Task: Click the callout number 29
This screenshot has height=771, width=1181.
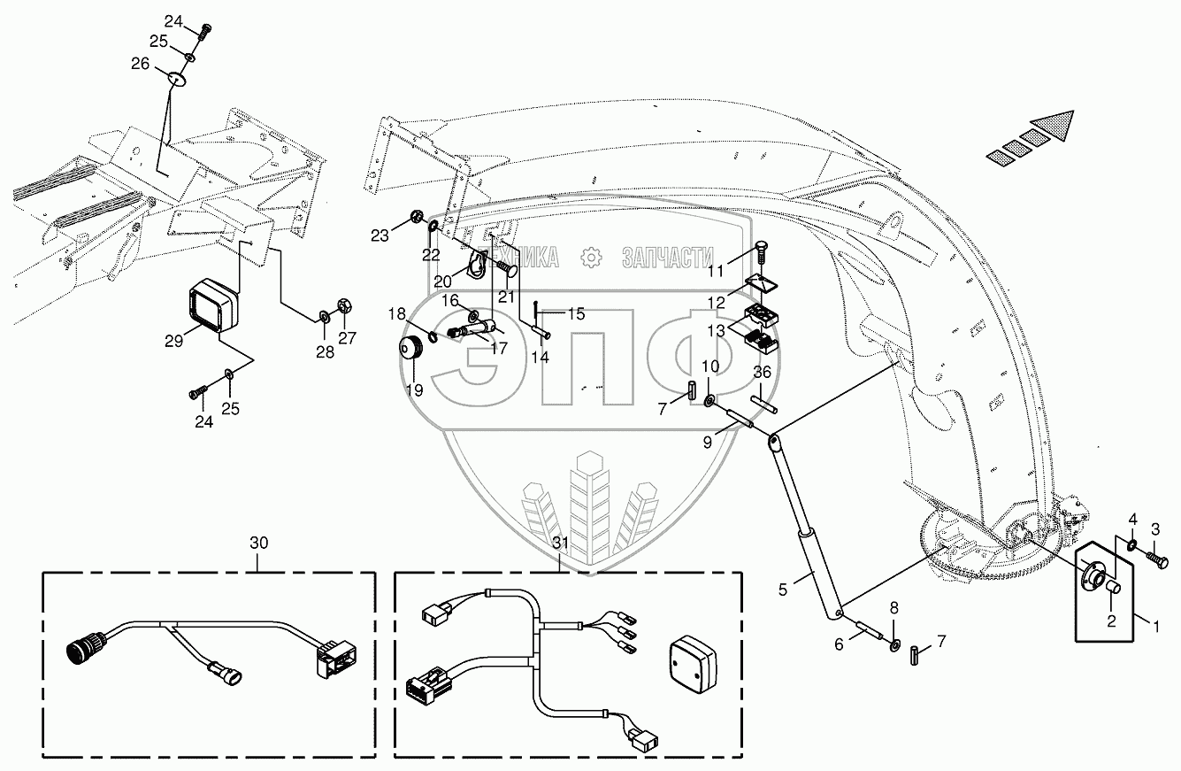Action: click(x=173, y=341)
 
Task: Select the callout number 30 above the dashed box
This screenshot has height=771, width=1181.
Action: click(x=259, y=543)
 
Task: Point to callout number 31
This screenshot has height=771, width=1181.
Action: click(x=561, y=543)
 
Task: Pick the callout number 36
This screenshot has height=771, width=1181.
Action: click(x=762, y=372)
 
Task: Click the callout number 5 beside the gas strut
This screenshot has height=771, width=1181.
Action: click(x=782, y=590)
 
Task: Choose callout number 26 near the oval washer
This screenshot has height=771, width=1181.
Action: click(x=141, y=64)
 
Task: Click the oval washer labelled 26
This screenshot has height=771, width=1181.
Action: click(x=177, y=79)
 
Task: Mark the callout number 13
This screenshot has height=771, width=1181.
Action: click(x=716, y=331)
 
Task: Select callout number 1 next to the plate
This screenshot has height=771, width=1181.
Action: click(x=1155, y=627)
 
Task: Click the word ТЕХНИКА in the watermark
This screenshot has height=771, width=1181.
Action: click(x=523, y=258)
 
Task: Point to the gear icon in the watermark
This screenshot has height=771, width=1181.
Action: click(x=591, y=258)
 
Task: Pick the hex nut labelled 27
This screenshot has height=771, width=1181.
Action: click(x=344, y=305)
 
